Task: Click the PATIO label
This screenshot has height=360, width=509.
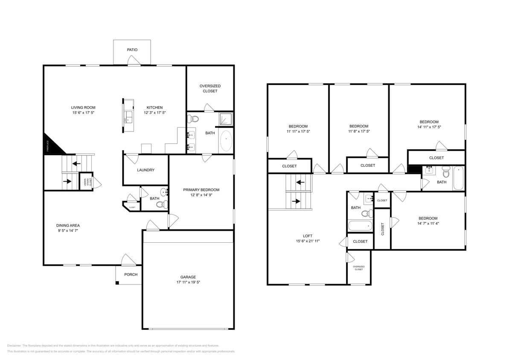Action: click(x=132, y=50)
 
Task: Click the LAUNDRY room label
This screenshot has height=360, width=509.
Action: click(x=145, y=170)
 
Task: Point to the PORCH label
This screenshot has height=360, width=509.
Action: click(x=131, y=275)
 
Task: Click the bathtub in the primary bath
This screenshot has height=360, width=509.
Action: click(x=226, y=141)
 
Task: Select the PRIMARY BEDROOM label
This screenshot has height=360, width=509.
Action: click(x=201, y=190)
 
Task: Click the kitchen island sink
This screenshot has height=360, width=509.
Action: click(x=128, y=118)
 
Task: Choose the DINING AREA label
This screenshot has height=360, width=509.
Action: click(x=68, y=226)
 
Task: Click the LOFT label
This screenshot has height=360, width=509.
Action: click(x=308, y=236)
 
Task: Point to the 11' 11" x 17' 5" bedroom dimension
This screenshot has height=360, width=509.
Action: click(x=298, y=131)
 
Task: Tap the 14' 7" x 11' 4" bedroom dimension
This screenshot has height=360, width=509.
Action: click(x=428, y=223)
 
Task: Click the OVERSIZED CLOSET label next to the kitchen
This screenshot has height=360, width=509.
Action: click(x=210, y=88)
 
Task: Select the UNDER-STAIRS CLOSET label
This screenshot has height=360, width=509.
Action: click(x=85, y=183)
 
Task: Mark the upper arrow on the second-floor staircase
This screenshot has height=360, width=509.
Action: click(x=300, y=183)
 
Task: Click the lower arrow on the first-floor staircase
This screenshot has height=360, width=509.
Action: click(x=67, y=181)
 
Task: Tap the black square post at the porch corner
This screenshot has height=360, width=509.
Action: click(x=117, y=282)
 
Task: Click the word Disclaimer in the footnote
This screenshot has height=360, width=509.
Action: click(x=15, y=345)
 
